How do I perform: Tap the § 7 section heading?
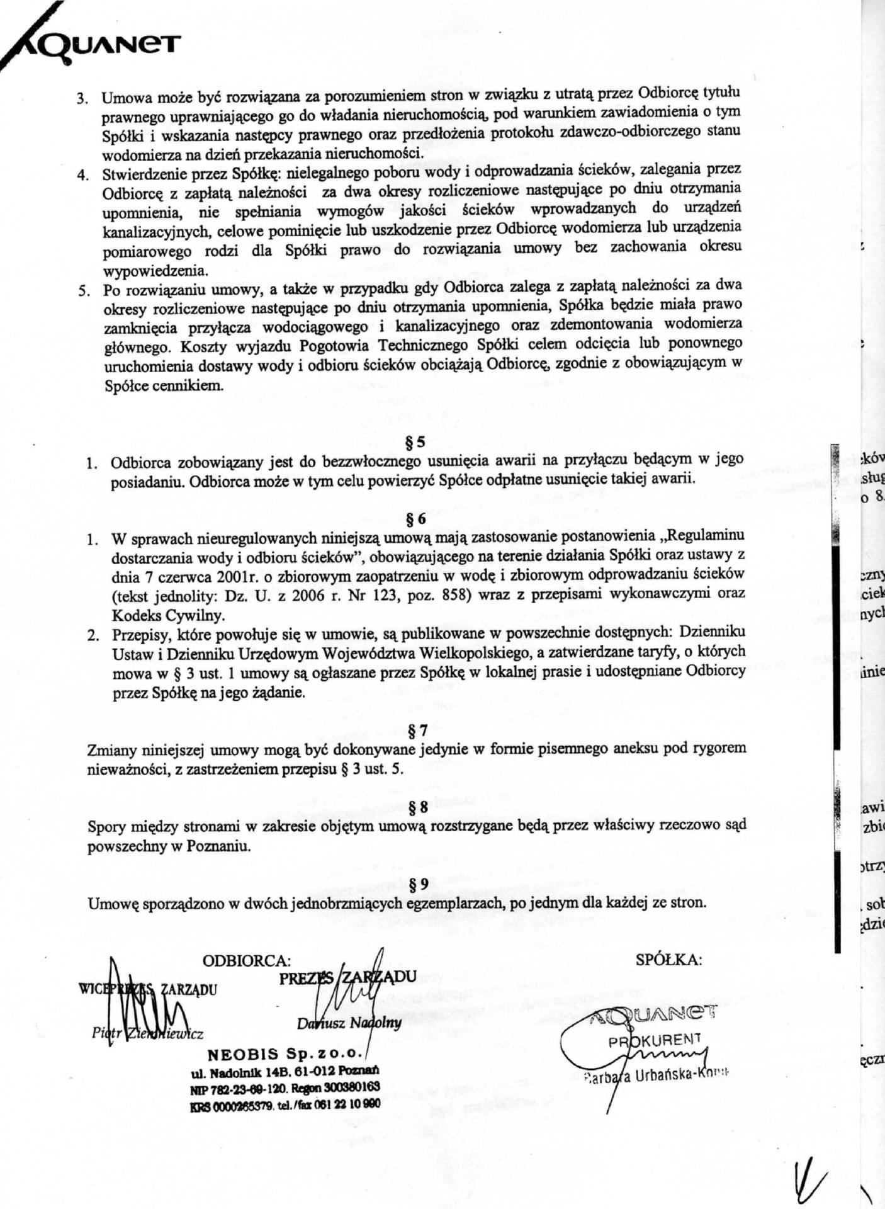click(418, 730)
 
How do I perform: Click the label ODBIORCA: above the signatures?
click(246, 960)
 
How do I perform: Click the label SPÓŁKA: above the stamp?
click(668, 960)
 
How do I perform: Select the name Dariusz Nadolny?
click(349, 1023)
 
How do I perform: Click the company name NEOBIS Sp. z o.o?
click(285, 1053)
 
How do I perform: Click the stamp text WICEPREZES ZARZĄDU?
click(147, 989)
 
